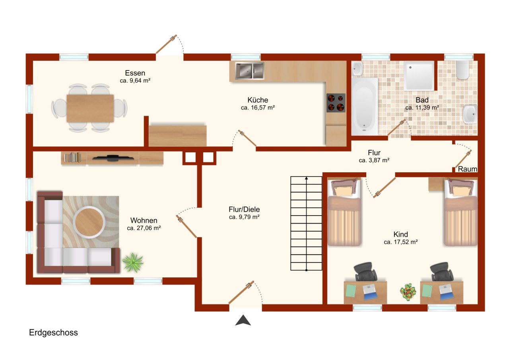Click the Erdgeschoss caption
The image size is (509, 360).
click(x=53, y=333)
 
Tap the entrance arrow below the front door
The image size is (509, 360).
click(x=243, y=320)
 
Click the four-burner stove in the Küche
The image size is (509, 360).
click(x=336, y=103)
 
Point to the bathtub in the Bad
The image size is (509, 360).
click(x=364, y=105)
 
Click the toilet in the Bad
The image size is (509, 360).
click(x=462, y=70)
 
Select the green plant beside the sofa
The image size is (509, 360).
click(x=132, y=263)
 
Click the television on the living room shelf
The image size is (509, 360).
click(x=113, y=158)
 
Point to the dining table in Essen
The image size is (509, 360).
click(x=90, y=108)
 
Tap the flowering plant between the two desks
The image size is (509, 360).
click(x=408, y=291)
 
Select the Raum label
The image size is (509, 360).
click(x=467, y=169)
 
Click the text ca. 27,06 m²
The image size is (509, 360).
click(x=144, y=228)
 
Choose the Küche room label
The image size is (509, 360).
click(x=258, y=100)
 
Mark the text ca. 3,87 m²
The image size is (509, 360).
click(x=374, y=160)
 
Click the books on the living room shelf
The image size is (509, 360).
click(x=72, y=158)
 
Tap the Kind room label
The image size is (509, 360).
click(x=400, y=234)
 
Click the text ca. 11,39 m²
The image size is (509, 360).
click(x=422, y=107)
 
